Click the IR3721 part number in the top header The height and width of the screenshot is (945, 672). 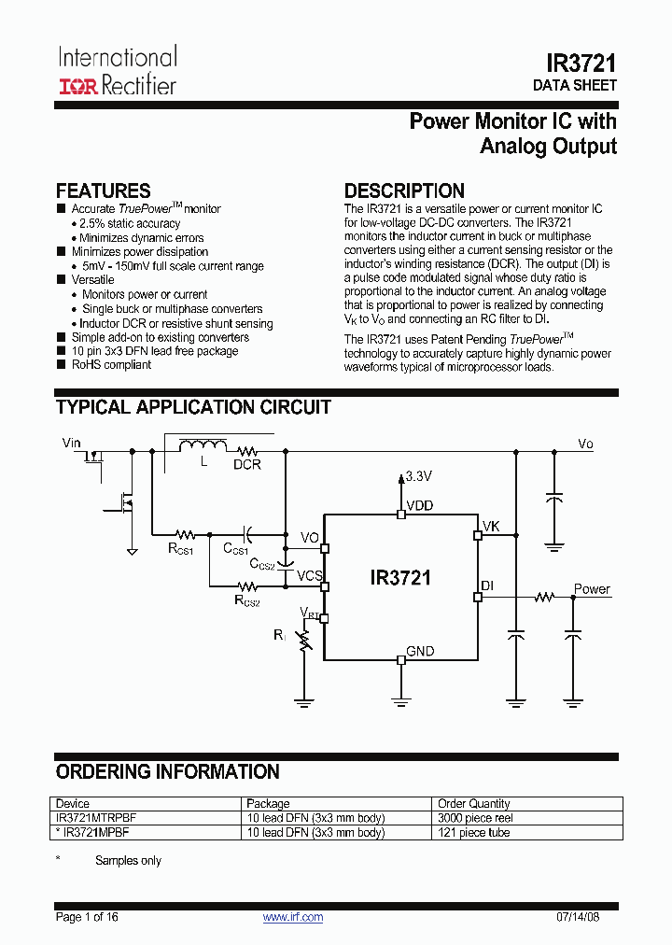[x=581, y=63]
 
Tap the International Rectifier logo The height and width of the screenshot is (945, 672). [x=118, y=71]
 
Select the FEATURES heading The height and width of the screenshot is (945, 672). [x=103, y=191]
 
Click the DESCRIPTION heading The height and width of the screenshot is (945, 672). [x=404, y=191]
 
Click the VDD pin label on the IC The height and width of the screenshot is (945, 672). [x=419, y=506]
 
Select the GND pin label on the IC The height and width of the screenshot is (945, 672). [x=420, y=651]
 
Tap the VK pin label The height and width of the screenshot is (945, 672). [x=491, y=527]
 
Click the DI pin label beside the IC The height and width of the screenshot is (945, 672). [x=486, y=585]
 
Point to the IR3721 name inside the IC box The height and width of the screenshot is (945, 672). [x=400, y=578]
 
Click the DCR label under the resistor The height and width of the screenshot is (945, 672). [x=247, y=463]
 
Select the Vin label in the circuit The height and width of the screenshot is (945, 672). [x=72, y=443]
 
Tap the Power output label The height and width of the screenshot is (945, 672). [x=592, y=589]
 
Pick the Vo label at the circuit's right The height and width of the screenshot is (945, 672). [x=585, y=444]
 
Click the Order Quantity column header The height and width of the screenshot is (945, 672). [x=474, y=803]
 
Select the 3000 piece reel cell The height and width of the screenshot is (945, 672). [x=474, y=818]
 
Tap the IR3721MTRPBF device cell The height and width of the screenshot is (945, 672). [x=96, y=818]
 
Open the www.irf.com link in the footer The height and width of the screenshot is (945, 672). [x=293, y=917]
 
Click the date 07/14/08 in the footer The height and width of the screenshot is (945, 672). [x=595, y=917]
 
